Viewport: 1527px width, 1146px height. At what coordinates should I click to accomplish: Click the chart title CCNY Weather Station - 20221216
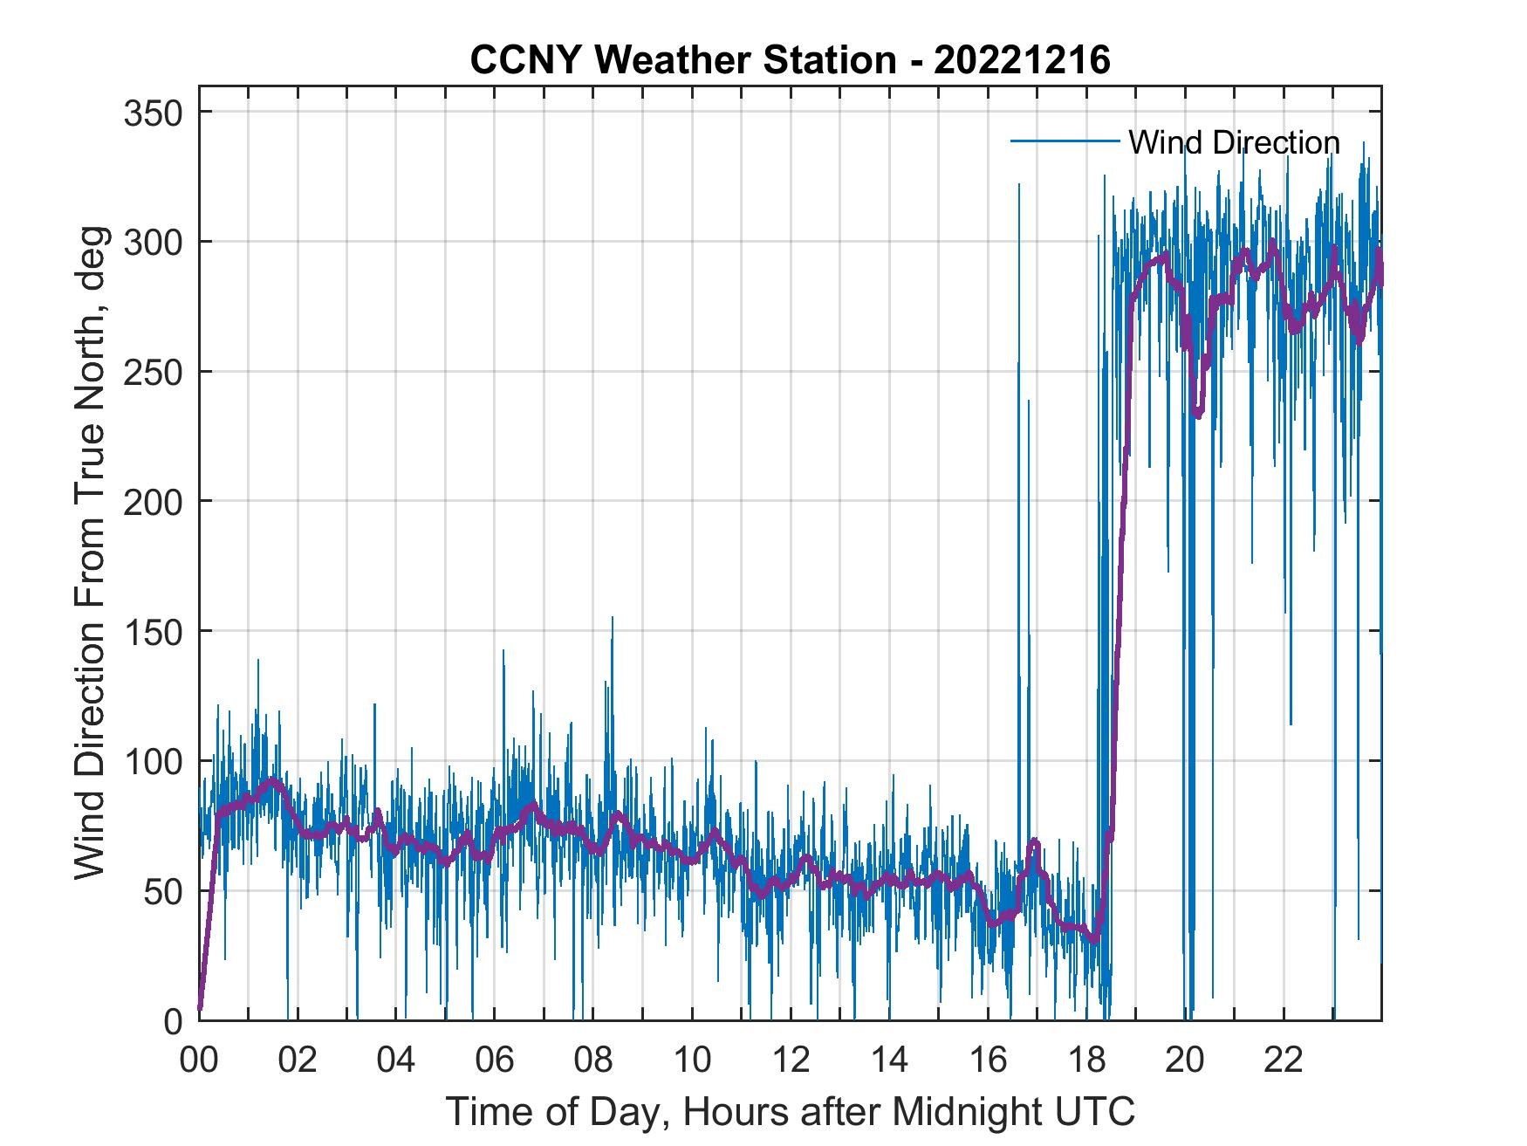[790, 60]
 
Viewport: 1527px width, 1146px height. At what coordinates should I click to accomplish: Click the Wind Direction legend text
[1234, 142]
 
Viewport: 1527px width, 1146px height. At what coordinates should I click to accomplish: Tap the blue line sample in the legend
[1065, 141]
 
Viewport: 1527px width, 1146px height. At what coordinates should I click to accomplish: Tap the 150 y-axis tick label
[152, 631]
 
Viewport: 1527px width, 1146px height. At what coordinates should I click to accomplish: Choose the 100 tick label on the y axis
[152, 761]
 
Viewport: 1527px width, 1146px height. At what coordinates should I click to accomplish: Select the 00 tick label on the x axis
[199, 1060]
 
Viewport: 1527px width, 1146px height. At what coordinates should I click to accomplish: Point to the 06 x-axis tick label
[495, 1060]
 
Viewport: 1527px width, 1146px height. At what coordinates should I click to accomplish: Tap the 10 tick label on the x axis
[692, 1060]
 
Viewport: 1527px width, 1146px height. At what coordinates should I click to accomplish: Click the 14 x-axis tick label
[889, 1060]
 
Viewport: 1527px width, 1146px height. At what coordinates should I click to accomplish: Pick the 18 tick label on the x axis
[1086, 1060]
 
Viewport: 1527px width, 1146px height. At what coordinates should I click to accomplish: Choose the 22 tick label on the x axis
[1284, 1060]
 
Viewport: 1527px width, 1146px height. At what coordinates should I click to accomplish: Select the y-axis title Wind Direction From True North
[90, 552]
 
